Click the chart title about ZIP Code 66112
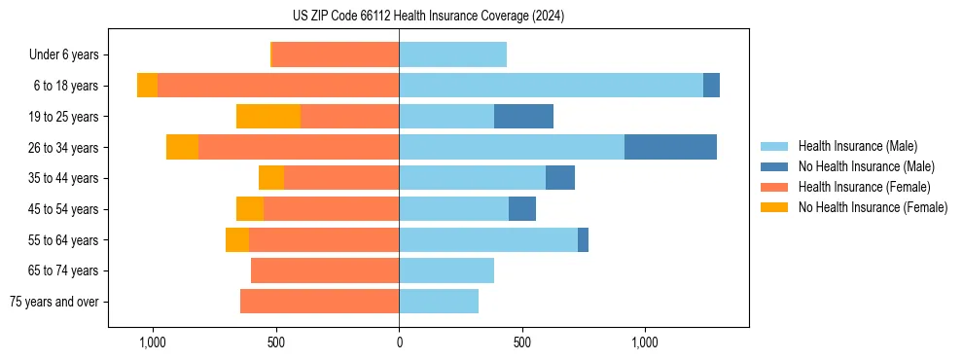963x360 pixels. click(428, 17)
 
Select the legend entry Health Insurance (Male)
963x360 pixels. click(857, 146)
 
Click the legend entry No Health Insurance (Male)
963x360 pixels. click(866, 166)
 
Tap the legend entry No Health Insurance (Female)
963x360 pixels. click(873, 207)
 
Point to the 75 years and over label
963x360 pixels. click(54, 302)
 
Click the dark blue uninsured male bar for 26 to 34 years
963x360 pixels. click(670, 147)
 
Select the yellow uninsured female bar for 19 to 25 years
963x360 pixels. click(268, 117)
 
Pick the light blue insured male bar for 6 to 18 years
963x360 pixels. click(551, 86)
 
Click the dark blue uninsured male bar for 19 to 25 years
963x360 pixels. click(523, 117)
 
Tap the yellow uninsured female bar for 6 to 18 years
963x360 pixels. click(147, 86)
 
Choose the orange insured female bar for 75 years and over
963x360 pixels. click(319, 302)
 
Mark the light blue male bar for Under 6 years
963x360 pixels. click(452, 55)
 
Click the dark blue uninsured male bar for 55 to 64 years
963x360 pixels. click(583, 240)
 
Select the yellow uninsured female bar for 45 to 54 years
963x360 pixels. click(250, 209)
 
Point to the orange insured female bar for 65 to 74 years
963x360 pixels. click(325, 270)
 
